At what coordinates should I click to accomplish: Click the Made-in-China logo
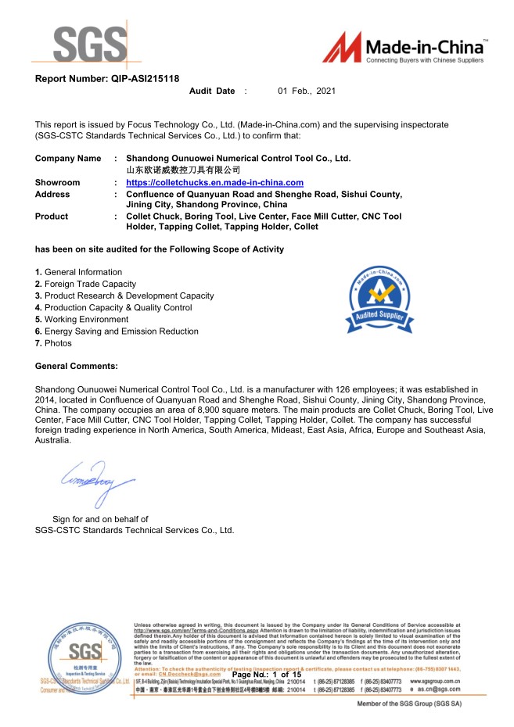tap(404, 49)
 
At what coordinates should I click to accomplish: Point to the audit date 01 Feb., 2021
tap(307, 91)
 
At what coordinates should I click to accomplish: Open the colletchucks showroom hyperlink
tap(214, 183)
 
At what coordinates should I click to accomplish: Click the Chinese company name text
tap(183, 170)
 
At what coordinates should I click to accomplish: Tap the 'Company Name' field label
tap(68, 159)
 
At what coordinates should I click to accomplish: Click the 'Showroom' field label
tap(58, 183)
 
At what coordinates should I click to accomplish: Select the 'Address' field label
tap(52, 194)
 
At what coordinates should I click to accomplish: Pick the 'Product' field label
tap(52, 217)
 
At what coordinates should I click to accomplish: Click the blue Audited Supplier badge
tap(380, 299)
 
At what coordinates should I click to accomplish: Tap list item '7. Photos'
tap(53, 343)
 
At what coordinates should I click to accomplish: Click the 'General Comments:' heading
tap(77, 366)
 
